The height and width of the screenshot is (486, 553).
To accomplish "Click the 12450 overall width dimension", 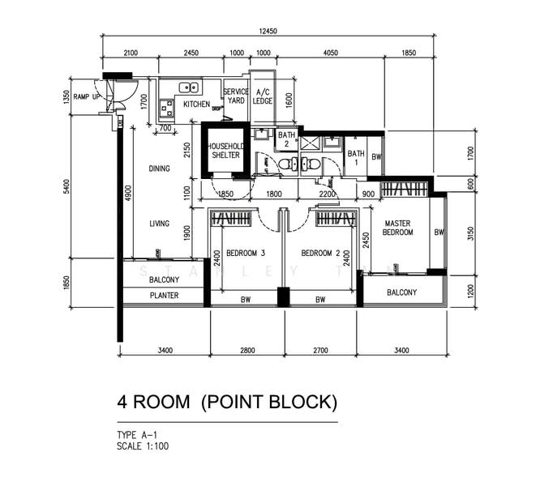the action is (x=268, y=31).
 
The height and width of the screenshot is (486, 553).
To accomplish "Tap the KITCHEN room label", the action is (x=196, y=104).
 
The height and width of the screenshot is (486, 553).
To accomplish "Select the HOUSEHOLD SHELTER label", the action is (x=225, y=151).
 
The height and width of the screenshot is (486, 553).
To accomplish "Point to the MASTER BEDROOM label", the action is (x=397, y=228).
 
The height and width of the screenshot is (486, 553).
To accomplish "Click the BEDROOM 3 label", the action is (x=246, y=253).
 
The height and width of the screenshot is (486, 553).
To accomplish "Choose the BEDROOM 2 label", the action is (x=320, y=253).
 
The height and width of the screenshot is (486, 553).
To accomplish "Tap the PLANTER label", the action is (x=164, y=296).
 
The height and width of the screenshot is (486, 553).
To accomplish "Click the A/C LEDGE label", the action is (x=263, y=96).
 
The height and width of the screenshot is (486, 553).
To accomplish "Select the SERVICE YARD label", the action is (x=236, y=96).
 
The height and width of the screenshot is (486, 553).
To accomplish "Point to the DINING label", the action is (x=159, y=168).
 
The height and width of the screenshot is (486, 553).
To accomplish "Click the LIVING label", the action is (x=159, y=224).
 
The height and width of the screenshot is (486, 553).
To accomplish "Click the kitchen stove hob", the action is (x=166, y=109).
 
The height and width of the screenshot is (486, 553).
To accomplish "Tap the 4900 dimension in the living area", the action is (x=128, y=193).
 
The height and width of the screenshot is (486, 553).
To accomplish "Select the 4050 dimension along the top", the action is (x=331, y=53).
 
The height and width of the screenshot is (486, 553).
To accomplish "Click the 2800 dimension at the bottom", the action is (x=247, y=350).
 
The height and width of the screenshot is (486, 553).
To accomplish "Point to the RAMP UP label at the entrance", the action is (x=87, y=96).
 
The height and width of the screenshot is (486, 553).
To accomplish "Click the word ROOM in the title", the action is (x=162, y=402).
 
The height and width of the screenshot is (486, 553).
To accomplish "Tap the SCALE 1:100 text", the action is (x=143, y=446).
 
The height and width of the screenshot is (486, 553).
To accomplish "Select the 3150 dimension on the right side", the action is (x=470, y=233).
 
